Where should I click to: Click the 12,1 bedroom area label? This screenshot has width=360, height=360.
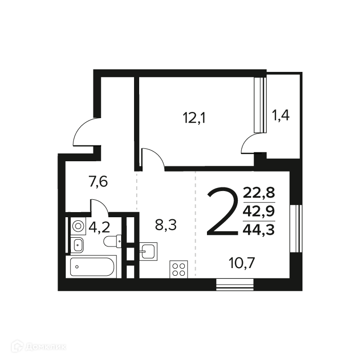point(194,118)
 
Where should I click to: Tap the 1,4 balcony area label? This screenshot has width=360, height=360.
point(280,115)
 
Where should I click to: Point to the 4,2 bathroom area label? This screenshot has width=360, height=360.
point(100,228)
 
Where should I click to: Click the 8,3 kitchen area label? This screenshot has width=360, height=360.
point(166,225)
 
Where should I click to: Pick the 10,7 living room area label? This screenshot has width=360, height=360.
point(242,263)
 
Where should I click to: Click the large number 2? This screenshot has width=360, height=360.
point(222,212)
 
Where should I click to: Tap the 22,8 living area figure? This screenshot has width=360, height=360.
point(259,193)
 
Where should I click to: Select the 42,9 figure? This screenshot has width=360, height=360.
point(259,211)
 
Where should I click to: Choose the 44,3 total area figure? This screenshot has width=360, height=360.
point(259,230)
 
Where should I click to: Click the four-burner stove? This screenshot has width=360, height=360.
point(179,269)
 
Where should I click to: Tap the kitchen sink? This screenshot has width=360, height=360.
point(148,252)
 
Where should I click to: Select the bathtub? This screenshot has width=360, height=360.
point(91,267)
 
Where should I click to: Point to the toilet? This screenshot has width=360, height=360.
point(112,241)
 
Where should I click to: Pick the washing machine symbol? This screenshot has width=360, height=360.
point(78,226)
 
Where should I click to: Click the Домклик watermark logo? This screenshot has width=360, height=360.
point(39,346)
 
